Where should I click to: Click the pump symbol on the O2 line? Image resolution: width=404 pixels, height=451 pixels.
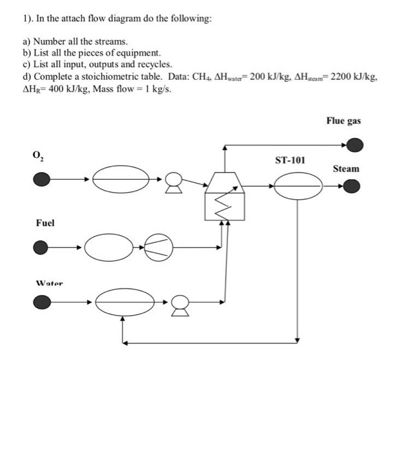(172, 183)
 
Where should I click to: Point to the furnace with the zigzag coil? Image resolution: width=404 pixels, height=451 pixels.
(224, 197)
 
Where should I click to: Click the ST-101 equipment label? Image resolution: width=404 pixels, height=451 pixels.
(290, 160)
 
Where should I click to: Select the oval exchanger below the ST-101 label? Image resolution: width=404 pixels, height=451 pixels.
(298, 186)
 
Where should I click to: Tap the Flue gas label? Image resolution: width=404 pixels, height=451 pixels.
(343, 120)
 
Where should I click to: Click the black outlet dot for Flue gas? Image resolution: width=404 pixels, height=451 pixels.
(352, 146)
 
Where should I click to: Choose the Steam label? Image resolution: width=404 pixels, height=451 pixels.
(346, 168)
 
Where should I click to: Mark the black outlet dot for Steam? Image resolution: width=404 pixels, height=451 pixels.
(352, 186)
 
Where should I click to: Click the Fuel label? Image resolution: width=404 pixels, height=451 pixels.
(45, 223)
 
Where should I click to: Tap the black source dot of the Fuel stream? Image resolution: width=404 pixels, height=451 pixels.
(41, 246)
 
